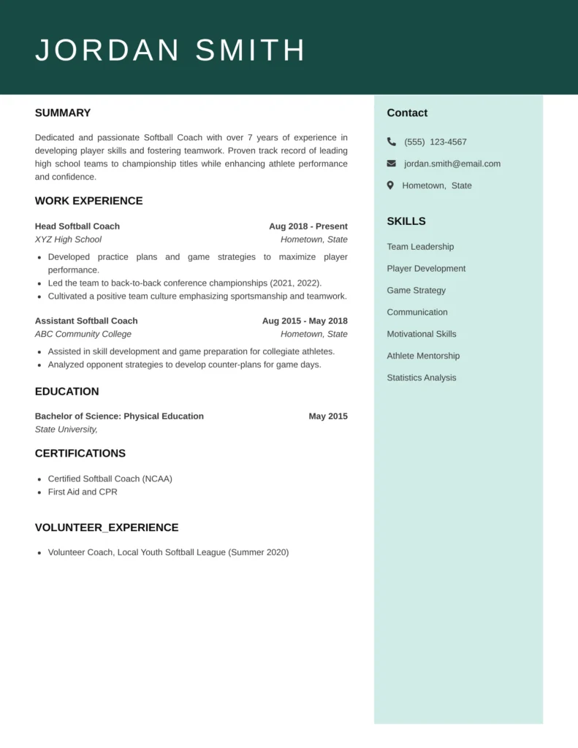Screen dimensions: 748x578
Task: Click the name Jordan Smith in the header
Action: [x=170, y=50]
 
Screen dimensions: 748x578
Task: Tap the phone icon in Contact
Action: [x=392, y=142]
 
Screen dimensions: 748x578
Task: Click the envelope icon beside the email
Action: [x=392, y=164]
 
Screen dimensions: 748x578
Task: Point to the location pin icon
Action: [x=391, y=186]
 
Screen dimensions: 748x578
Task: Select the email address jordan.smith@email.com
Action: [x=452, y=164]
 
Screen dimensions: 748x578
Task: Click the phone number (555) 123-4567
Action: [x=435, y=142]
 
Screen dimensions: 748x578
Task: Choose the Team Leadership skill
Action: [x=420, y=247]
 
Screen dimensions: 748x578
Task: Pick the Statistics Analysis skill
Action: [x=422, y=378]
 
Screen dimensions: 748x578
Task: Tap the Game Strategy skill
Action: [x=416, y=290]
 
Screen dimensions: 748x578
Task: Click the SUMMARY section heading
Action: [x=63, y=113]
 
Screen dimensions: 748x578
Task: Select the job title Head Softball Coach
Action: [x=77, y=226]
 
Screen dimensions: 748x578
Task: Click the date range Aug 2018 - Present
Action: [x=308, y=226]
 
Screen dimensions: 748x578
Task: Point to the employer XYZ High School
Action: [x=68, y=240]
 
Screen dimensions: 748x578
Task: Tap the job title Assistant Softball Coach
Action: [x=86, y=321]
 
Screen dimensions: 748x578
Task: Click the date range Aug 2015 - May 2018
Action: [x=305, y=321]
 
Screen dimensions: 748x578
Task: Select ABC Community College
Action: [x=83, y=334]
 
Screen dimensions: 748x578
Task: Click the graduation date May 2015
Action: [x=328, y=416]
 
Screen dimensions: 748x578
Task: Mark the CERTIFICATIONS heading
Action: [x=80, y=454]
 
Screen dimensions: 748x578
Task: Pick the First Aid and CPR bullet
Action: [x=83, y=492]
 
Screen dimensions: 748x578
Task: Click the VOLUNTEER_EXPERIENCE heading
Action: [x=107, y=527]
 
